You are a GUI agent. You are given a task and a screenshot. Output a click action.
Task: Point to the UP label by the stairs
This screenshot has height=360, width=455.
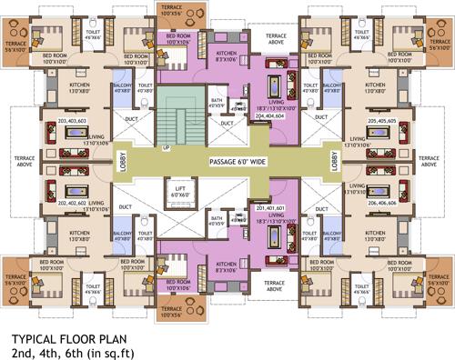(x=165, y=146)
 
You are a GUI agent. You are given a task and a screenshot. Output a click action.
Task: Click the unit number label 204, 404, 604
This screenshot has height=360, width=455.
(x=270, y=117)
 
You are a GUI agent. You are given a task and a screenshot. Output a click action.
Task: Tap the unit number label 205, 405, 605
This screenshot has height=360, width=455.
(x=382, y=120)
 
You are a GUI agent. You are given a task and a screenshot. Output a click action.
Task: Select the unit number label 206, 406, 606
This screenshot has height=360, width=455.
(x=382, y=204)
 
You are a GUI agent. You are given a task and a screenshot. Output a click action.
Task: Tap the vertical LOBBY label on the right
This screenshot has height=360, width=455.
(x=334, y=163)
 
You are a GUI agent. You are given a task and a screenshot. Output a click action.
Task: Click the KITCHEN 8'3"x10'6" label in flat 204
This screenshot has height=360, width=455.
(x=226, y=56)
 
